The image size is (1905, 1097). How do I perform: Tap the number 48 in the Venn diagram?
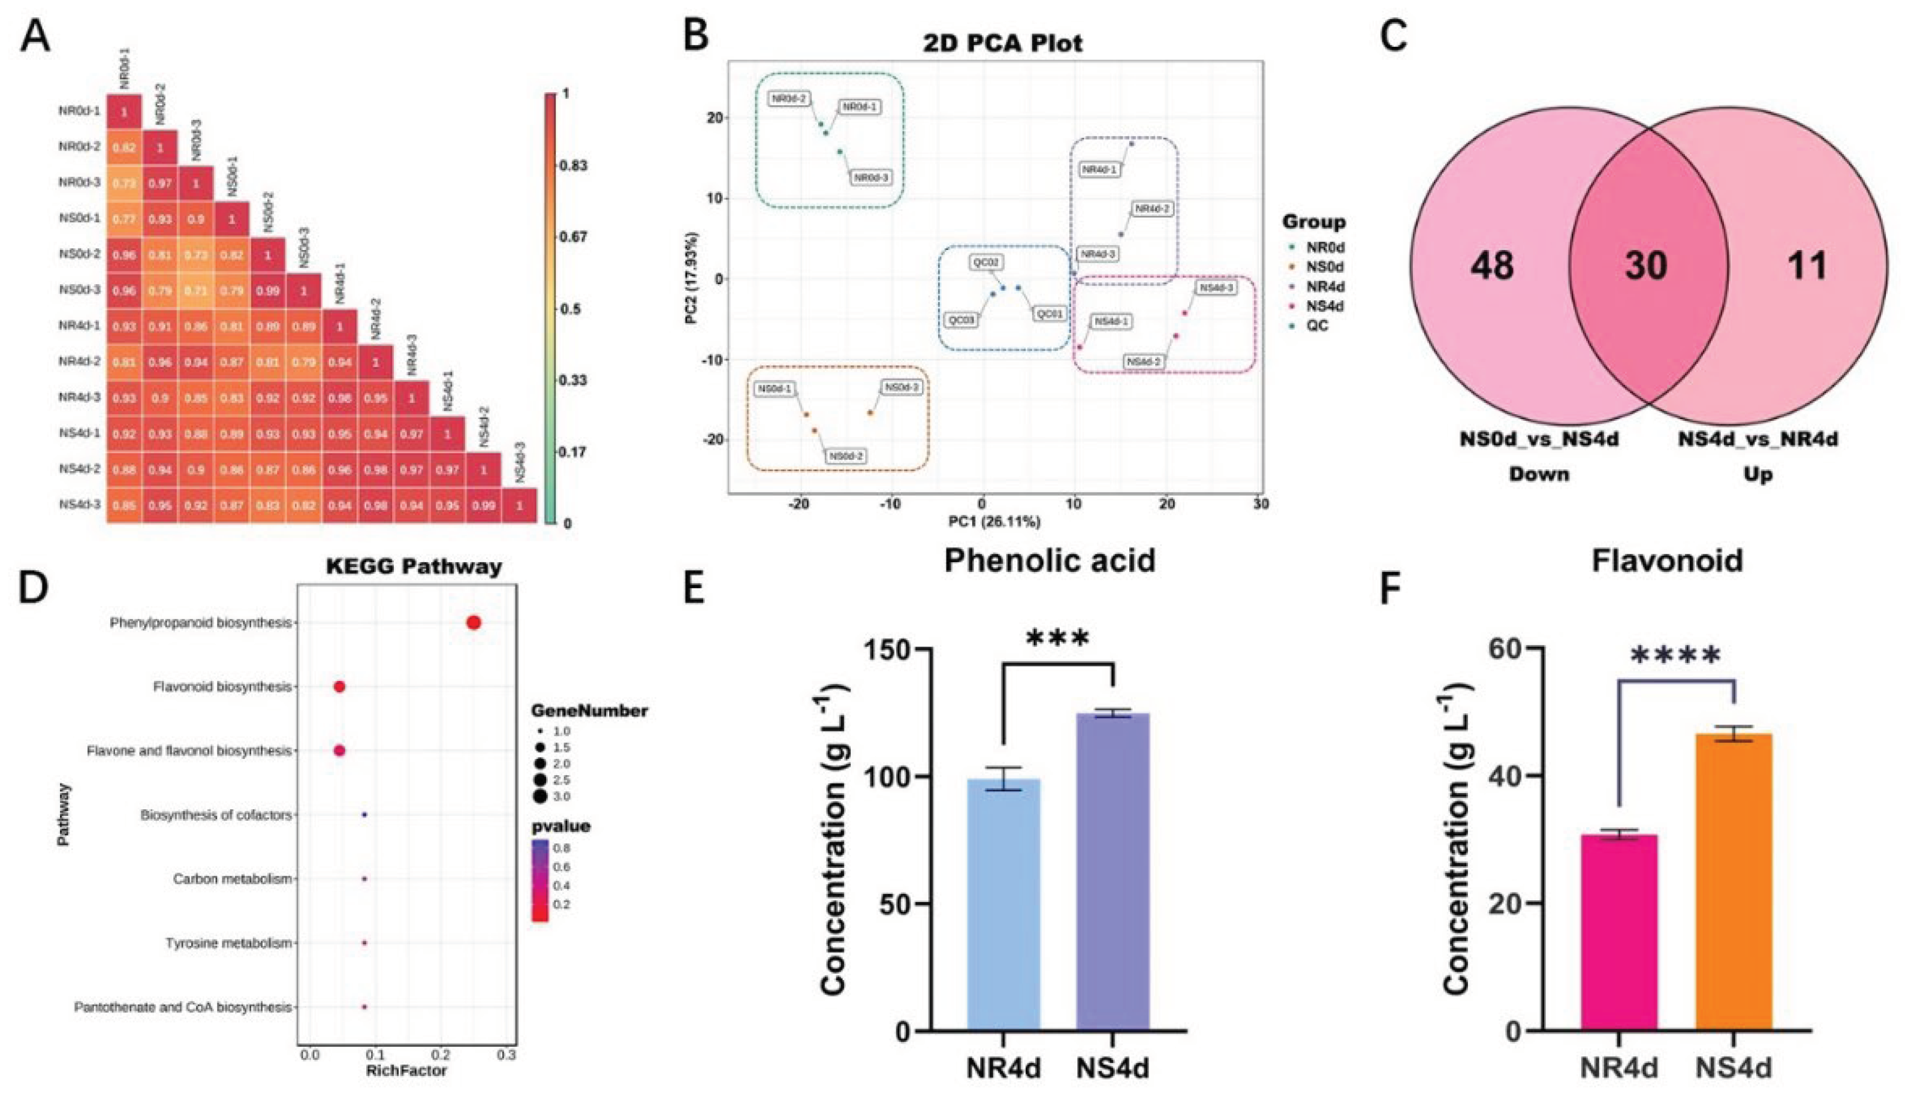[1491, 265]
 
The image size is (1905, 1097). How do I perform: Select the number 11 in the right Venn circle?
[1806, 265]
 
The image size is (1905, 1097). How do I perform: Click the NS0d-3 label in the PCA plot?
[902, 387]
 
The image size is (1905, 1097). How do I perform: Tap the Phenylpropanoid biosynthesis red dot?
[473, 622]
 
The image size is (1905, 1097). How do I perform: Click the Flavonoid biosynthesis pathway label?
[221, 687]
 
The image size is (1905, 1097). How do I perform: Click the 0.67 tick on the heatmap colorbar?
[572, 237]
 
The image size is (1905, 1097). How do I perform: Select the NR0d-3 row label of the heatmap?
[79, 182]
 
